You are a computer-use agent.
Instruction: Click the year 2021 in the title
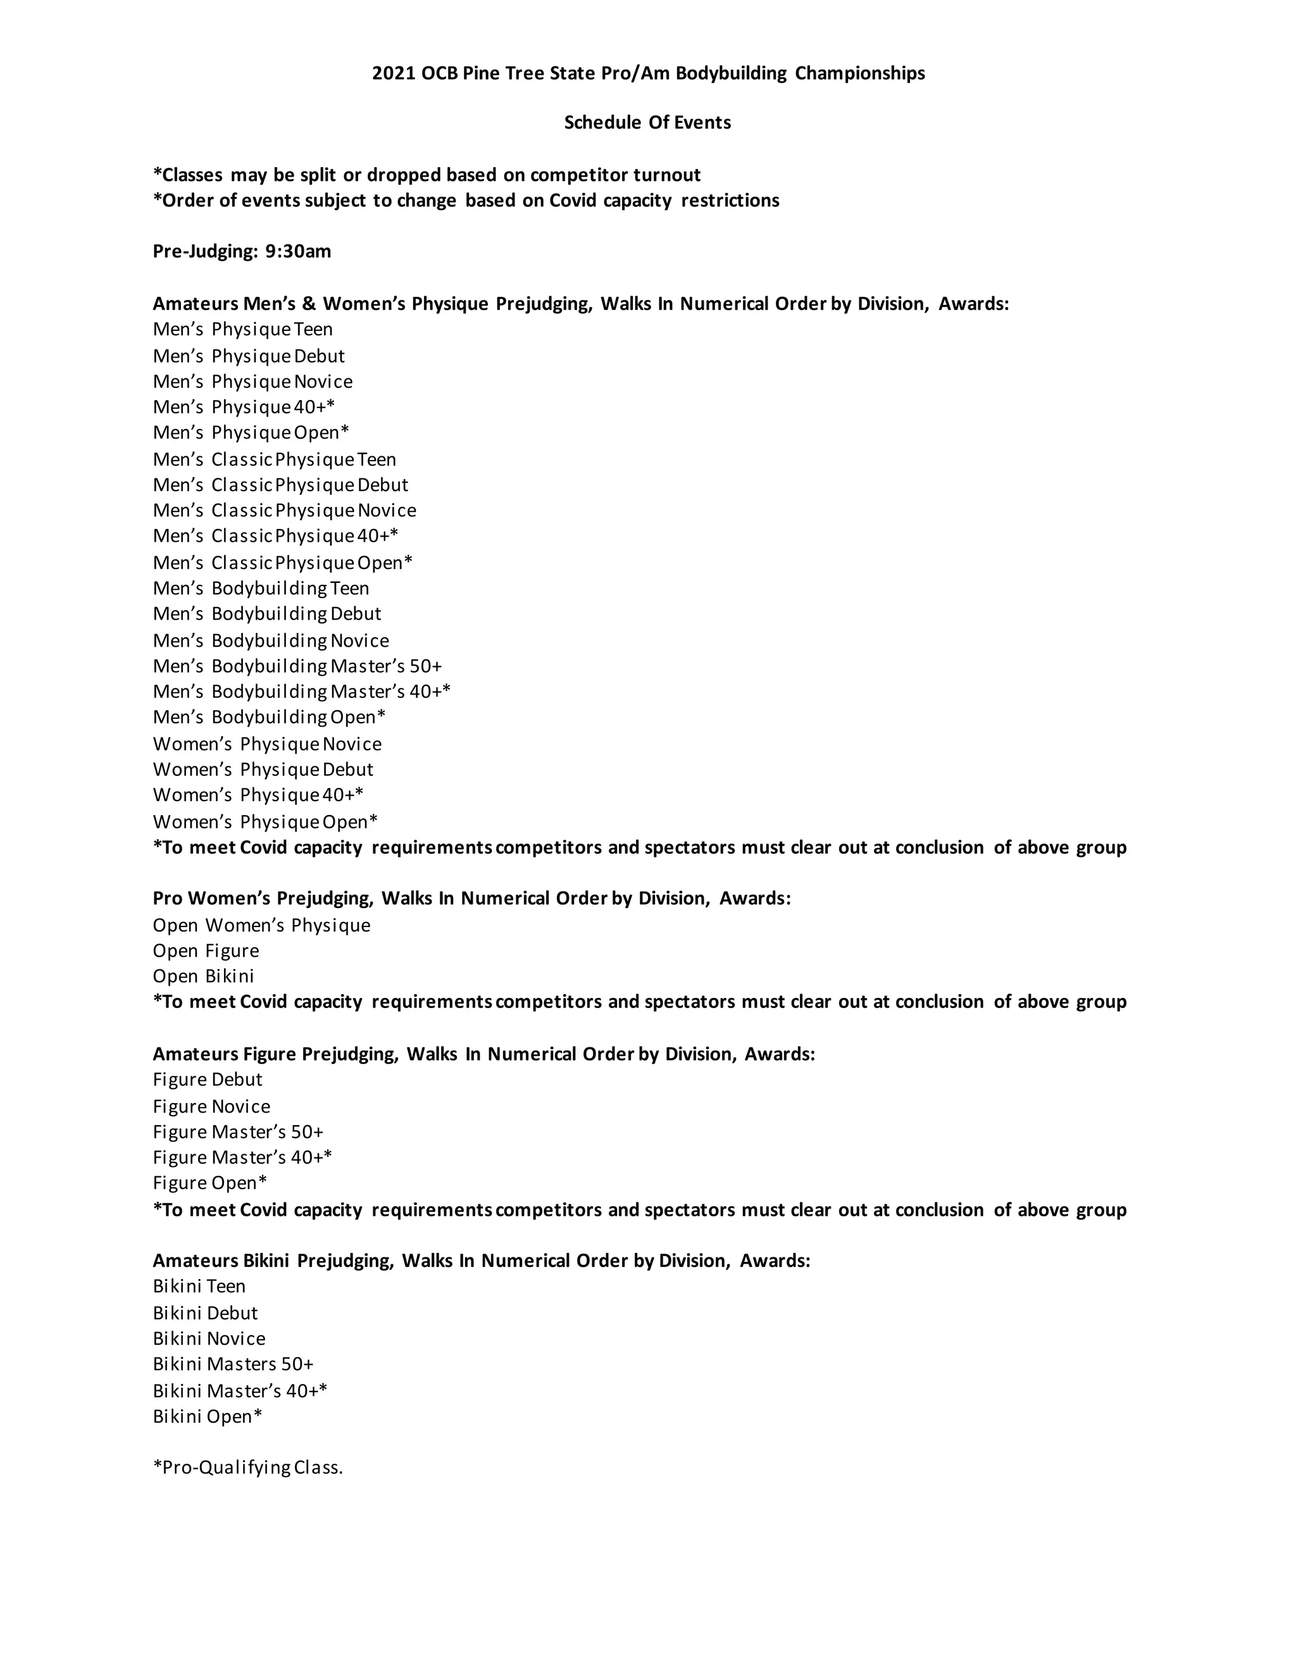(x=393, y=73)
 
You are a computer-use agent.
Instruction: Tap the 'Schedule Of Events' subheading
(x=647, y=123)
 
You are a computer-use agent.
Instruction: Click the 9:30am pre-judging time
(x=298, y=252)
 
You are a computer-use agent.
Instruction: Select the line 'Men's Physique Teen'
(x=242, y=330)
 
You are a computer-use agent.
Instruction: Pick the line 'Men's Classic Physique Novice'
(x=284, y=511)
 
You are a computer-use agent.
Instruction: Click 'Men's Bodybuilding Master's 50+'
(x=297, y=666)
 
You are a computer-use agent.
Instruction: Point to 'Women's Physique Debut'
(x=263, y=770)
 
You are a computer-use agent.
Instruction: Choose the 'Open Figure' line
(x=206, y=951)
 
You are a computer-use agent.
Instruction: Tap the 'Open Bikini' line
(x=204, y=976)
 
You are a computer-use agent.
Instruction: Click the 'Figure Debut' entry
(x=208, y=1080)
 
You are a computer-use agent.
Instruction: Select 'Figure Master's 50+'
(x=238, y=1132)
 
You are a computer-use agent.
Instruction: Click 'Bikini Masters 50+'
(x=233, y=1364)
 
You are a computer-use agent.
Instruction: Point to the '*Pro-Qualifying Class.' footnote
(x=247, y=1468)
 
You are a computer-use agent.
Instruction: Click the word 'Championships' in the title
(x=860, y=73)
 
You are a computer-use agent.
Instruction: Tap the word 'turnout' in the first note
(x=666, y=175)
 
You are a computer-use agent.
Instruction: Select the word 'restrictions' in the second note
(x=730, y=201)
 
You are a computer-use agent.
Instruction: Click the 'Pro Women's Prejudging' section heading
(x=263, y=899)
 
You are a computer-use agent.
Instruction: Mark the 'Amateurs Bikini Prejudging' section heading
(x=273, y=1261)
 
